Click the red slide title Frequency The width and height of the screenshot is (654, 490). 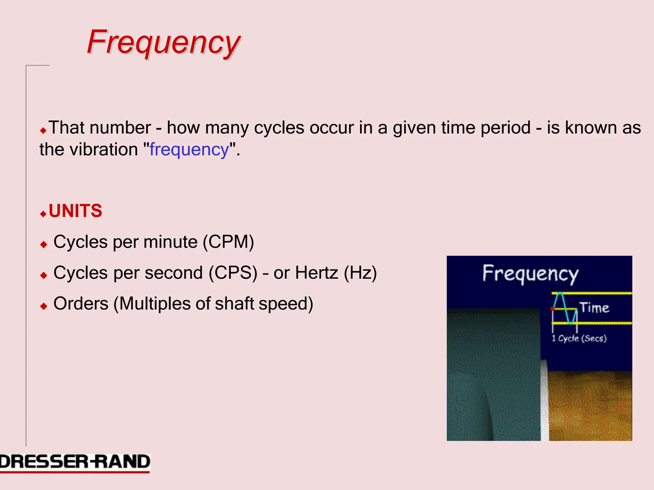pos(163,42)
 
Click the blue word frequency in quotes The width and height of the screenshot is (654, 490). pos(189,150)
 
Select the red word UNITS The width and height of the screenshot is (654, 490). pos(75,211)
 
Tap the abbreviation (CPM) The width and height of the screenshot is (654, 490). pos(229,242)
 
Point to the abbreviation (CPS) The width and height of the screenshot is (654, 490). pos(233,273)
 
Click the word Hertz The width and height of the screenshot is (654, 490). pos(316,273)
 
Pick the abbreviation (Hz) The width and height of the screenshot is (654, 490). pos(360,273)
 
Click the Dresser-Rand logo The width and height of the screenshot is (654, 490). pos(75,463)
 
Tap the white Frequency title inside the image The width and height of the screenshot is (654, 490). pos(530,274)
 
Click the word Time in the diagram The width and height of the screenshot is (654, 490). pos(594,308)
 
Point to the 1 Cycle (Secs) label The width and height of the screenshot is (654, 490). pos(579,338)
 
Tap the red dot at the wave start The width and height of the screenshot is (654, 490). pos(552,309)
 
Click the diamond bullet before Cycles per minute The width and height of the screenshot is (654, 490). pos(44,245)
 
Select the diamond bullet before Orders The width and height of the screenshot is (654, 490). pos(44,307)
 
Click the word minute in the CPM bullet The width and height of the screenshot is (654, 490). pos(171,242)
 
